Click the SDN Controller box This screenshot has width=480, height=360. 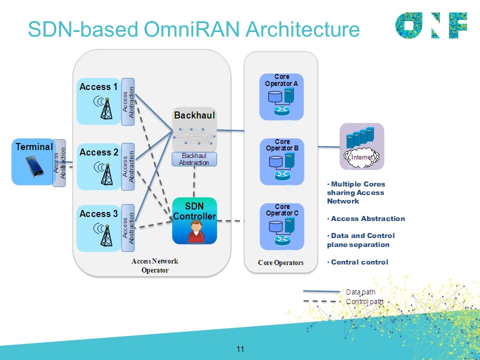point(194,220)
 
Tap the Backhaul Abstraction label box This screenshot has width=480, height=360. point(194,159)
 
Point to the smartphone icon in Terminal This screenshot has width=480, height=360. point(34,166)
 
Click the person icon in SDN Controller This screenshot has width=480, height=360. point(196,231)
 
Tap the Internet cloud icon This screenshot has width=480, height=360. point(361,157)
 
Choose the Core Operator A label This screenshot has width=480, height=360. point(281,80)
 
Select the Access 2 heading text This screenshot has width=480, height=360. point(98,152)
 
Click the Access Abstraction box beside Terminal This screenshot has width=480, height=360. point(59,163)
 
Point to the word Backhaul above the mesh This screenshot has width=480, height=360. point(194,115)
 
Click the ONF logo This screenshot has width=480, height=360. point(431,25)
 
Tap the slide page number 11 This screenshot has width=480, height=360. point(240,349)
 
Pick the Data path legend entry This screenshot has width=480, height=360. point(339,292)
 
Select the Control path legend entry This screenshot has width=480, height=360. point(343,301)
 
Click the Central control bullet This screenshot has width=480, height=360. point(357,262)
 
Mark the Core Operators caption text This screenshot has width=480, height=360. point(280,262)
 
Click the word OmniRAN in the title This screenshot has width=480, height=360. point(191,29)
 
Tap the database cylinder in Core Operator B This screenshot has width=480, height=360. point(276,161)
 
